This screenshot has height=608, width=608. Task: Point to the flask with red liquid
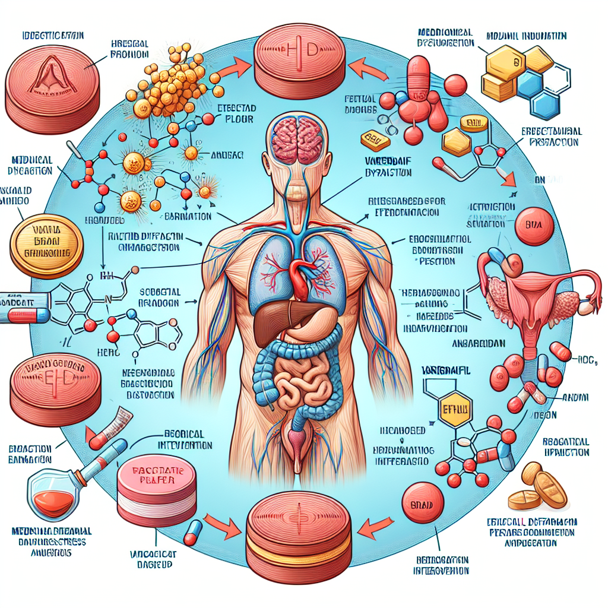point(52,499)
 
